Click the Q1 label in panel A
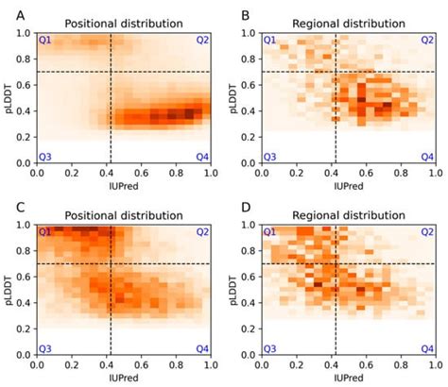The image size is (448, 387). [x=45, y=41]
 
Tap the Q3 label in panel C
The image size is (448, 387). [x=45, y=347]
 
